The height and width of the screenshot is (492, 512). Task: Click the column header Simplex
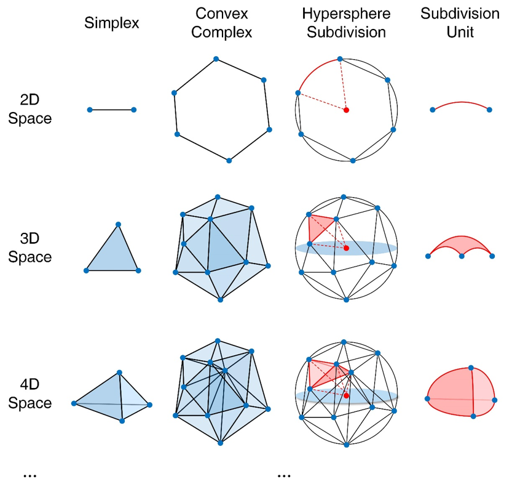(x=112, y=24)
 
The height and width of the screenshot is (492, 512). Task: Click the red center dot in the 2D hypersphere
(x=347, y=110)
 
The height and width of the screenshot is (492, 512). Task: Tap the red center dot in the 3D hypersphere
(x=347, y=248)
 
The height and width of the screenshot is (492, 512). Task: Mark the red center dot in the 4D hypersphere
(x=347, y=396)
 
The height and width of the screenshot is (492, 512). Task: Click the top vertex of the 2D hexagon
(x=216, y=59)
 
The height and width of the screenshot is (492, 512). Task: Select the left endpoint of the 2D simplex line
(x=90, y=110)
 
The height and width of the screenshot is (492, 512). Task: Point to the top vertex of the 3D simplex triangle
(x=118, y=224)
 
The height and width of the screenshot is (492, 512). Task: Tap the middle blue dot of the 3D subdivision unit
(x=461, y=256)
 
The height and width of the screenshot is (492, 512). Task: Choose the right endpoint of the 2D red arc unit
(x=489, y=110)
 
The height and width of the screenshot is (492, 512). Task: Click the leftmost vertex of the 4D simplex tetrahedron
(x=74, y=403)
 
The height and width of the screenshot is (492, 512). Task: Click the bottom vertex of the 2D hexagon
(x=229, y=160)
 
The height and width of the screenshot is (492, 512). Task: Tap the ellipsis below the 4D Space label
(x=30, y=475)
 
